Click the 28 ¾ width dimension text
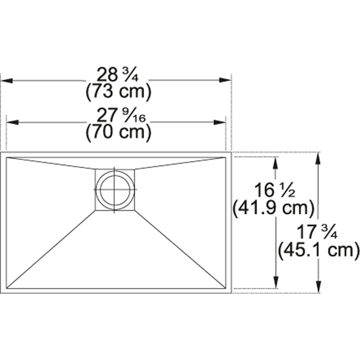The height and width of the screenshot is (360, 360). tap(118, 75)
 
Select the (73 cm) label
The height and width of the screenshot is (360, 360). tap(118, 91)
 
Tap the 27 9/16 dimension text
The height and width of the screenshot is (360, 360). tap(121, 116)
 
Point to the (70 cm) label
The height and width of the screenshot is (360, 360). tap(118, 132)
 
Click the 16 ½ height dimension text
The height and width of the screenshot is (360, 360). tap(274, 190)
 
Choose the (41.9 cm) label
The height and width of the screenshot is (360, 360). tap(273, 208)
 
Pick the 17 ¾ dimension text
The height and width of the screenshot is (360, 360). tap(317, 231)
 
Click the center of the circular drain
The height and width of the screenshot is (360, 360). tap(114, 189)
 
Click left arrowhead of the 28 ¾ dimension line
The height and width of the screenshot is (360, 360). tap(6, 81)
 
